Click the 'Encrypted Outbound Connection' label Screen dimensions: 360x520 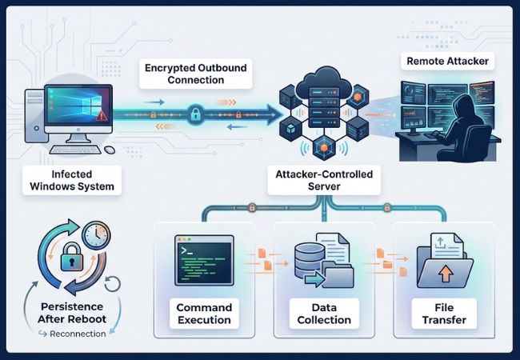pos(196,74)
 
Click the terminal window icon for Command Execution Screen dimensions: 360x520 pos(203,260)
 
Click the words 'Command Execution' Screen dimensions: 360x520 pos(203,314)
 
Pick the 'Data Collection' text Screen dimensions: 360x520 pos(324,314)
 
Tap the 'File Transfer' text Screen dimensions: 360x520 pos(444,314)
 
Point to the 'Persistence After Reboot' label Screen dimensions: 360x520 pos(73,313)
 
